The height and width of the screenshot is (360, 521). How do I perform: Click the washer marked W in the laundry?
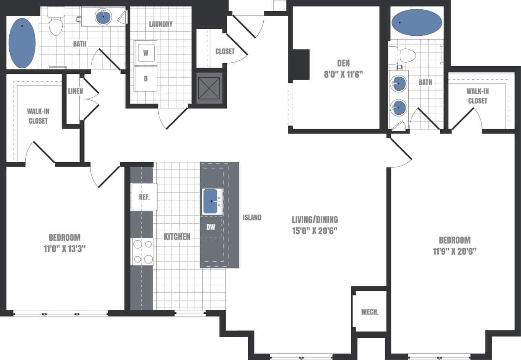[x=146, y=52]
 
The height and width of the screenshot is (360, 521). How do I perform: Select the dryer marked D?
[x=146, y=79]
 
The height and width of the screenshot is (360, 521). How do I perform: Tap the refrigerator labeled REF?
[x=144, y=197]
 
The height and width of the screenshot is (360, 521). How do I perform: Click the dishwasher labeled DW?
[x=211, y=227]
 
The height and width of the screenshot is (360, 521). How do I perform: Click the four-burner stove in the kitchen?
[x=142, y=252]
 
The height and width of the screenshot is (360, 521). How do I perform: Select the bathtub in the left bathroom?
[x=22, y=43]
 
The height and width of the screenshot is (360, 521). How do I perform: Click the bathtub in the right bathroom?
[x=416, y=22]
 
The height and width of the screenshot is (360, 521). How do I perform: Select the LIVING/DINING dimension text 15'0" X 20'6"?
[x=315, y=230]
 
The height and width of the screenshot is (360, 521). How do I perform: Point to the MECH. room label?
[x=370, y=312]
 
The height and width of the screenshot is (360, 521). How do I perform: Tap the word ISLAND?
[x=252, y=217]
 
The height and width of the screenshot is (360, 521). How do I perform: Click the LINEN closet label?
[x=75, y=91]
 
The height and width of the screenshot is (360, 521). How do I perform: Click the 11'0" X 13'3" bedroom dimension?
[x=65, y=248]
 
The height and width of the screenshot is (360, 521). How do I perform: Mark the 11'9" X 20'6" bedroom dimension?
[x=455, y=251]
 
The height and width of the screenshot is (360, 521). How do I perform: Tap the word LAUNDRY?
[x=160, y=24]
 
